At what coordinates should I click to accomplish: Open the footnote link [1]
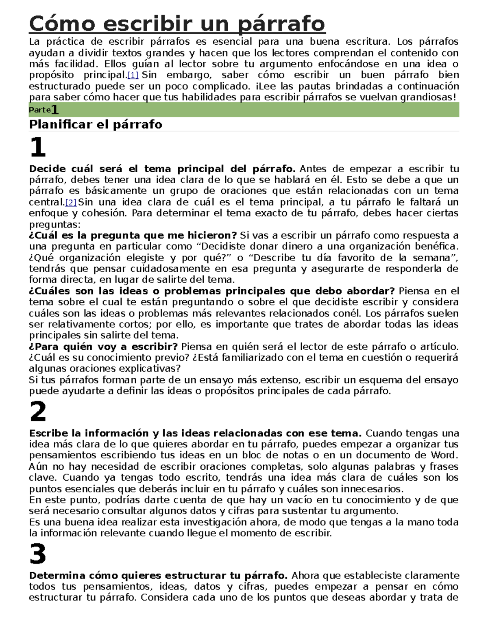click(133, 75)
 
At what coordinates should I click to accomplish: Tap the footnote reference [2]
click(71, 202)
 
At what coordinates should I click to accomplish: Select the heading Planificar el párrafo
click(95, 124)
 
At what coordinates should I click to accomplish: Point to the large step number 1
click(38, 147)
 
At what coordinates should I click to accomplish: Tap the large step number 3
click(38, 554)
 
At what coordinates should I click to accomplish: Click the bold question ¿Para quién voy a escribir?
click(103, 347)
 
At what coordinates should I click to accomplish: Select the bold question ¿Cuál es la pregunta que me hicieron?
click(133, 236)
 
